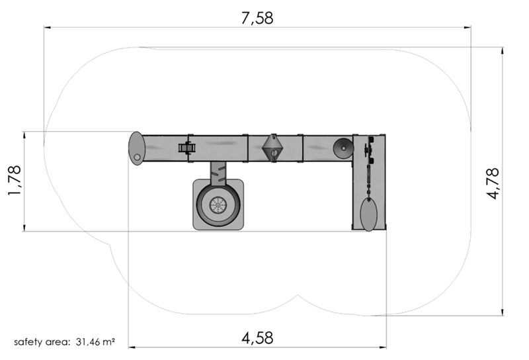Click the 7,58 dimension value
pos(257,18)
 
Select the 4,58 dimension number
pos(257,337)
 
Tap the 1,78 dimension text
pos(15,181)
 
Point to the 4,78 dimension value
pos(493,183)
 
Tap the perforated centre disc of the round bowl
pos(218,205)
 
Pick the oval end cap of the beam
pos(136,149)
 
